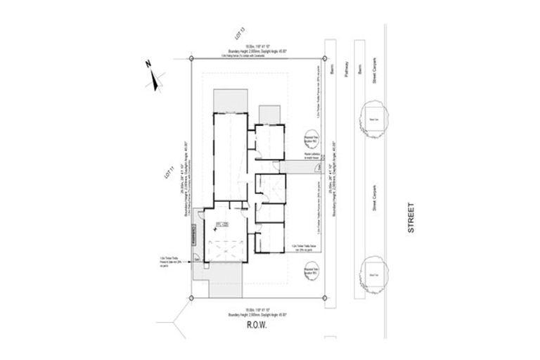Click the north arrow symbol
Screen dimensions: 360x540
tap(154, 75)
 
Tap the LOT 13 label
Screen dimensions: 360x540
tap(239, 33)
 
